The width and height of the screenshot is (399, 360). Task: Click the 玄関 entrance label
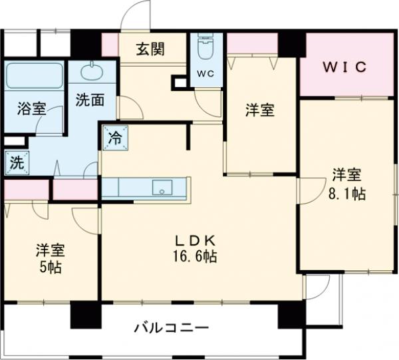pos(152,49)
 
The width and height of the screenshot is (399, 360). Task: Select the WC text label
pos(205,74)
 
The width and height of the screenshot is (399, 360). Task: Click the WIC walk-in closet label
pos(346,67)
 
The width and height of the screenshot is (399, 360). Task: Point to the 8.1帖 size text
pos(348,194)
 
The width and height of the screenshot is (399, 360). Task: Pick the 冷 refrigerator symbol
pos(115,139)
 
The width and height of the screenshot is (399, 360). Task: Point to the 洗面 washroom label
pos(89,100)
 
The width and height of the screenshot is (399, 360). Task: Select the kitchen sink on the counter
pos(162,188)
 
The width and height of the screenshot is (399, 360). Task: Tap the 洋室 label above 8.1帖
pos(346,176)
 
